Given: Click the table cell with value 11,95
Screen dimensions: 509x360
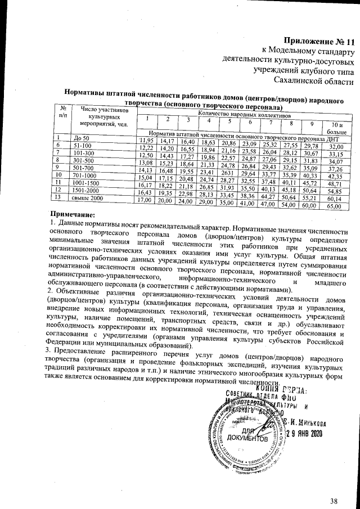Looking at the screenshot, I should coord(146,140).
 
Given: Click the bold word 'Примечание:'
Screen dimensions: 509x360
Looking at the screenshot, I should coord(72,215).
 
